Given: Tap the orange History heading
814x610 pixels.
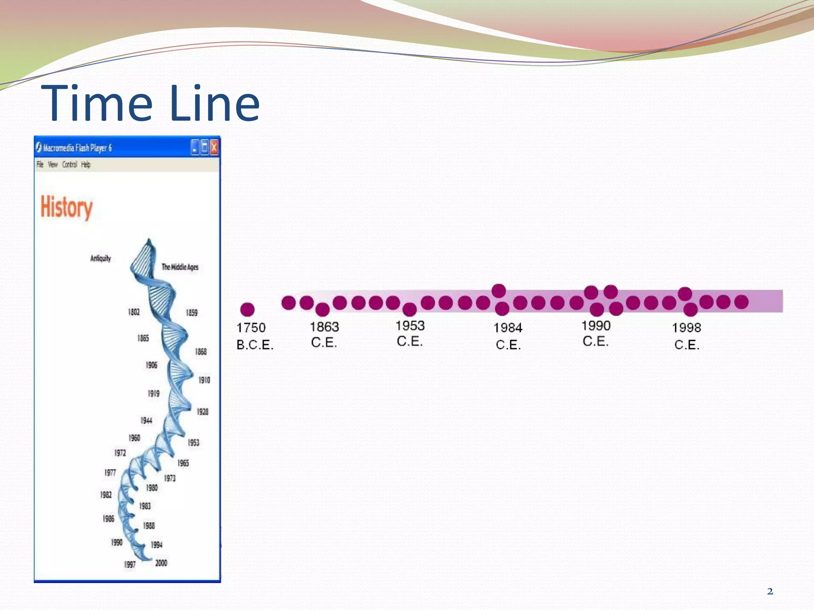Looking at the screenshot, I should coord(66,207).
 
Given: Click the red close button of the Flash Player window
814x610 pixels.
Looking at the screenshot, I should coord(214,148).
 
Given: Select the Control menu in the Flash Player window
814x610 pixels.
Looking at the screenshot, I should coord(70,164).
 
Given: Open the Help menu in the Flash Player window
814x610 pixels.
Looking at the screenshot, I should coord(86,164).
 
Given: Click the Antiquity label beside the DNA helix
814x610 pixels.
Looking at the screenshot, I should coord(101,259).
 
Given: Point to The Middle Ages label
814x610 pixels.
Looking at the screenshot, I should coord(180,267).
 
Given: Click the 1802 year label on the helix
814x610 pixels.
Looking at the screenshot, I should coord(134,312).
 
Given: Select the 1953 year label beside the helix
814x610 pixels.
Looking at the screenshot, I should coord(194,442).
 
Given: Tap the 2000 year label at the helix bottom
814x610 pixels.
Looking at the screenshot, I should coord(161,563).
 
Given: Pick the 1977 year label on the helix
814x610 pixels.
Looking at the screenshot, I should coord(110,472).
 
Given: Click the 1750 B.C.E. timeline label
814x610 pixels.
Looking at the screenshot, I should coord(254,336).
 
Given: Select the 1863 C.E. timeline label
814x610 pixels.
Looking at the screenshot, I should coord(324,334).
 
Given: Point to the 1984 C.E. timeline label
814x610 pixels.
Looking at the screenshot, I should coord(508,336).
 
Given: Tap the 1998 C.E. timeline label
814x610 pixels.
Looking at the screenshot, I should coord(686,336).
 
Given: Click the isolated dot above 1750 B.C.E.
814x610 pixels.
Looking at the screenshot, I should coord(247,309).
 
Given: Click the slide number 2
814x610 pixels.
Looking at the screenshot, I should coord(770,592).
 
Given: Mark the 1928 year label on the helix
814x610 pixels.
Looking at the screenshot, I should coord(203,411).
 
